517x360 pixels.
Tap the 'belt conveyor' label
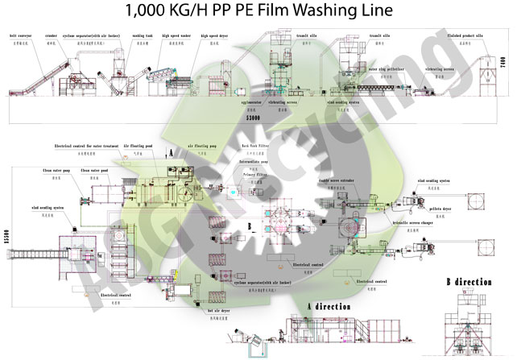coord(20,36)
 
